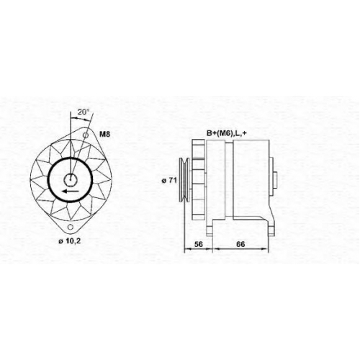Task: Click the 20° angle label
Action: tap(84, 112)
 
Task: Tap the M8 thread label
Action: tap(104, 134)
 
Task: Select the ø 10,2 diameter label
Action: tap(70, 241)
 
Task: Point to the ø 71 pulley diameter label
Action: tap(169, 180)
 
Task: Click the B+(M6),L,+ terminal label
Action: tap(227, 133)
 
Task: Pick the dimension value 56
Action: tap(199, 244)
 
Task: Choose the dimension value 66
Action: tap(240, 244)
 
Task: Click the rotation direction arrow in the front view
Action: tap(70, 191)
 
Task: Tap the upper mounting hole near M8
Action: tap(86, 135)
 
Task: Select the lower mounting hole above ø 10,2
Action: tap(71, 227)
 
